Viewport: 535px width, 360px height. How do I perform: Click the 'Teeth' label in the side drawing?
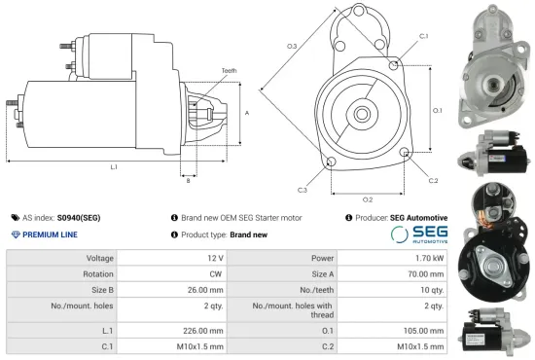229,71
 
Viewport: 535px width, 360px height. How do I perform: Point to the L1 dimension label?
114,167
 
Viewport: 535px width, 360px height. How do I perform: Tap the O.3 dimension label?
292,47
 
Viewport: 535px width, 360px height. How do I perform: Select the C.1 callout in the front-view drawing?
423,36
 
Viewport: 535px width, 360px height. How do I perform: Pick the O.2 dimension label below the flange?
368,199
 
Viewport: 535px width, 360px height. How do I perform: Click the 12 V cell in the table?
215,258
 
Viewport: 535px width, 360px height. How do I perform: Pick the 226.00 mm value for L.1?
205,329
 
